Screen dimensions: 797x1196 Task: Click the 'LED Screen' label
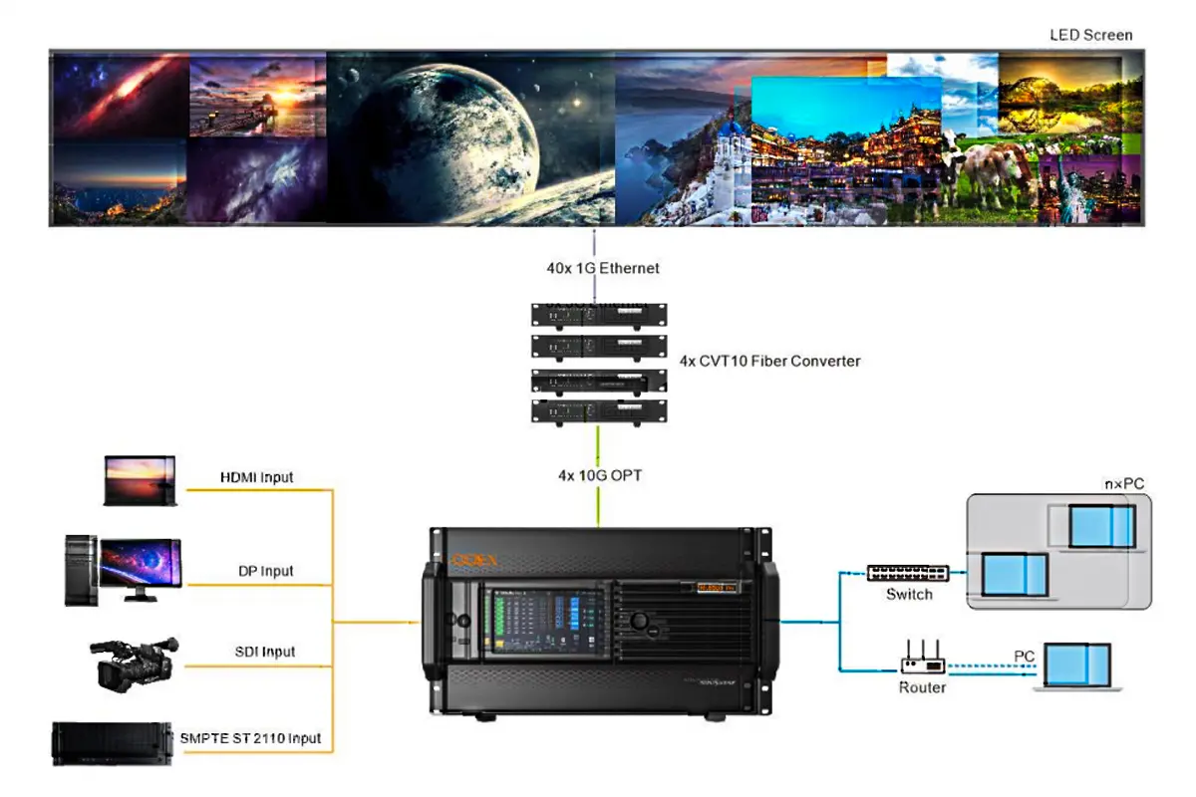click(1090, 35)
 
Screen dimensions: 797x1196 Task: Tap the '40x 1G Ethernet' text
click(595, 268)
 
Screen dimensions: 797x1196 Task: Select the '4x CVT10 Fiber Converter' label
click(768, 361)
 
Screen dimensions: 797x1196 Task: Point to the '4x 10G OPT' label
click(599, 476)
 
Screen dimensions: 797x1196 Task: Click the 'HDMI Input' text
click(256, 477)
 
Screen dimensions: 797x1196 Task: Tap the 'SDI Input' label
click(264, 652)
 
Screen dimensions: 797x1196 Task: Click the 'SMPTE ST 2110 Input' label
click(250, 738)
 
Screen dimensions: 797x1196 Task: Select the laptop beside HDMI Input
click(141, 481)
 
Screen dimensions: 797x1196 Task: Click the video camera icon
click(135, 663)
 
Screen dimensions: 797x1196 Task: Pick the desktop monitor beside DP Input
click(140, 568)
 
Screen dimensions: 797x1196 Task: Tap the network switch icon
click(908, 573)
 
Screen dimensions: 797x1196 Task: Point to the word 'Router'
click(922, 687)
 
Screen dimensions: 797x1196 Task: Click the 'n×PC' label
click(1123, 483)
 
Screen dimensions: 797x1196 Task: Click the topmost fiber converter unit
click(598, 315)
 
